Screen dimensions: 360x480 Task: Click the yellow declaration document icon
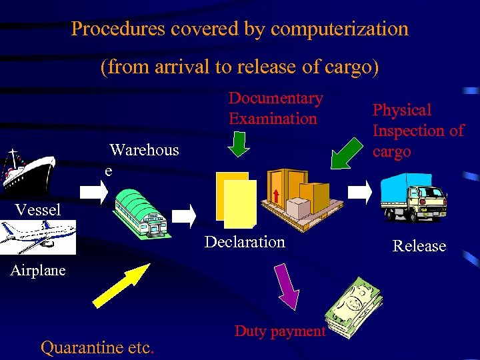coord(236,200)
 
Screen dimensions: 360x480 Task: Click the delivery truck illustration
coord(413,197)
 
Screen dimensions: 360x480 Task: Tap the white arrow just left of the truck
coord(361,191)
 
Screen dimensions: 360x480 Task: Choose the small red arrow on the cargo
coord(275,193)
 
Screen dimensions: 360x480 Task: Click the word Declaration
coord(245,242)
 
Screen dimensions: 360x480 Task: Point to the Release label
coord(419,246)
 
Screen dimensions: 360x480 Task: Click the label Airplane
coord(38,271)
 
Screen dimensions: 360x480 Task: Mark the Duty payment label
coord(280,331)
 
